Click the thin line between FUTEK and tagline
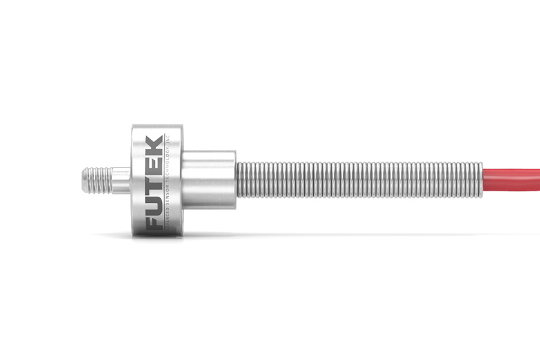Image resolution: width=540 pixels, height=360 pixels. click(161, 180)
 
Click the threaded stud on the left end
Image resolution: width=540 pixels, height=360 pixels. click(99, 180)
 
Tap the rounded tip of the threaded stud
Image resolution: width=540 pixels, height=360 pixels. click(83, 180)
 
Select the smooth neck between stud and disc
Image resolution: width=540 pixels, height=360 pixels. click(122, 180)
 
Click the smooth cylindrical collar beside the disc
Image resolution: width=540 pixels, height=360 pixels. click(209, 180)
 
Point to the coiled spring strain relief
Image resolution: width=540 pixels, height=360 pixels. click(360, 180)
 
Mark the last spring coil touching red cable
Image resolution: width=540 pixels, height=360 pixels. click(479, 180)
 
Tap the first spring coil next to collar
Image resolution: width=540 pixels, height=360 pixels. click(238, 180)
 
